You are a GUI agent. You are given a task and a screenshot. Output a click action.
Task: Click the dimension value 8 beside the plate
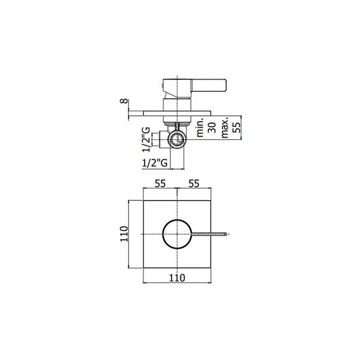tap(124, 101)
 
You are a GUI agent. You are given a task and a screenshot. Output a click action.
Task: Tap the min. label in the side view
tap(200, 127)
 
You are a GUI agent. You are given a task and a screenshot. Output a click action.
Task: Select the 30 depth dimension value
tap(212, 127)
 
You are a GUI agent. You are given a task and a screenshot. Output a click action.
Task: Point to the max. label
tap(225, 127)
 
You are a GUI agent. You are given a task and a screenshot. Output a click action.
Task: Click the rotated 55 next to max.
tap(236, 127)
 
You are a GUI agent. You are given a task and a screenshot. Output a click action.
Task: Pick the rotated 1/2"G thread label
tap(146, 139)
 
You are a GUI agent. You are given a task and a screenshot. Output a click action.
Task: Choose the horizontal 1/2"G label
tap(155, 163)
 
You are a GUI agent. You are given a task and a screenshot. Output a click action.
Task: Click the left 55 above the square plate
tap(160, 184)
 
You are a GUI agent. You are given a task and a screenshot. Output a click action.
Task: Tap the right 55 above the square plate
tap(194, 184)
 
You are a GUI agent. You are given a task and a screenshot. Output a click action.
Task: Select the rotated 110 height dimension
tap(124, 234)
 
